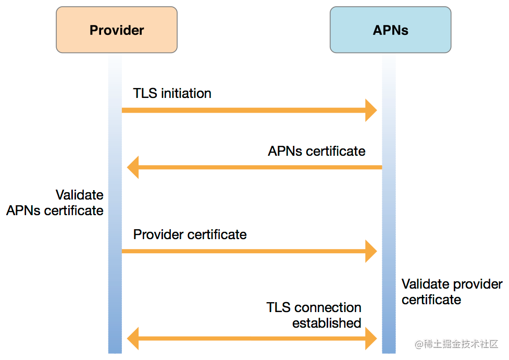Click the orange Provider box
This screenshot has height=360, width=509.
[x=117, y=30]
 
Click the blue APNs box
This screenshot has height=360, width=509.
[x=391, y=30]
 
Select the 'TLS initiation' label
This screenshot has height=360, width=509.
[x=172, y=93]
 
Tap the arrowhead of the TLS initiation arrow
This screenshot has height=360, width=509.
[x=371, y=110]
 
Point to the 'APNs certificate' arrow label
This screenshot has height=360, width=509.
[x=317, y=151]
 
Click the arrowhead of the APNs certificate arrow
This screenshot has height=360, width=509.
[x=133, y=167]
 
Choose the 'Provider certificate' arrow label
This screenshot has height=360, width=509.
[x=190, y=234]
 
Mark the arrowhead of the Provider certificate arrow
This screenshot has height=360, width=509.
[x=371, y=251]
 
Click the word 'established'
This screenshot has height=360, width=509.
[x=327, y=323]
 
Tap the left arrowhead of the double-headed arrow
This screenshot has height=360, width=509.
[x=133, y=338]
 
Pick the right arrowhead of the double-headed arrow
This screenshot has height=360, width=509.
[x=371, y=338]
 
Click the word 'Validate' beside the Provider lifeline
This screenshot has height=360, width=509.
[x=80, y=195]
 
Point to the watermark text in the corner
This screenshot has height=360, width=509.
[x=456, y=344]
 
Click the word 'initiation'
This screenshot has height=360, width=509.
[x=187, y=93]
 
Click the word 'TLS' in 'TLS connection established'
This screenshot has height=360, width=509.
[x=279, y=307]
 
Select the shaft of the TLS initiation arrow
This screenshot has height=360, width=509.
[x=243, y=110]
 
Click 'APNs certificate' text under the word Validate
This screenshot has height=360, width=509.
[x=55, y=210]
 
